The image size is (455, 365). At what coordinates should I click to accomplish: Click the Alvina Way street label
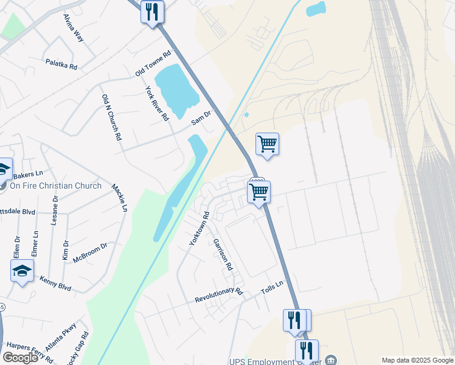click(x=73, y=28)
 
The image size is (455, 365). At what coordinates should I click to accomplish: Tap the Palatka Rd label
click(x=61, y=63)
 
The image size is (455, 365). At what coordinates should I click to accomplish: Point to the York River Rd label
click(x=156, y=103)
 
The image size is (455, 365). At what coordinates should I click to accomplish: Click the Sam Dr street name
click(x=201, y=117)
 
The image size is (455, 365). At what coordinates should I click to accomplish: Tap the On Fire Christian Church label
click(x=55, y=186)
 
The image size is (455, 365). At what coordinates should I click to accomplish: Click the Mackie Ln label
click(x=119, y=198)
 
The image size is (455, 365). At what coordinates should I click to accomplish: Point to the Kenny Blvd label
click(x=55, y=283)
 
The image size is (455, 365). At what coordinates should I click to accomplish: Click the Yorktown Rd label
click(x=199, y=228)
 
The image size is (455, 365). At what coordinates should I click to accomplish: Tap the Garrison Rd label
click(x=222, y=254)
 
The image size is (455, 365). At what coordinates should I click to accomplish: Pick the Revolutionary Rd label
click(x=218, y=296)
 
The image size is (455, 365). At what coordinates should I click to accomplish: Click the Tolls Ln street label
click(x=273, y=288)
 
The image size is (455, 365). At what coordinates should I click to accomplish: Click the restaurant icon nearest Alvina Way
click(x=152, y=12)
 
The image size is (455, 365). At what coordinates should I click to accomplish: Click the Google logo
click(x=20, y=358)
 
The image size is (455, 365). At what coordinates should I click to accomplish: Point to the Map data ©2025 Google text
click(x=417, y=360)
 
